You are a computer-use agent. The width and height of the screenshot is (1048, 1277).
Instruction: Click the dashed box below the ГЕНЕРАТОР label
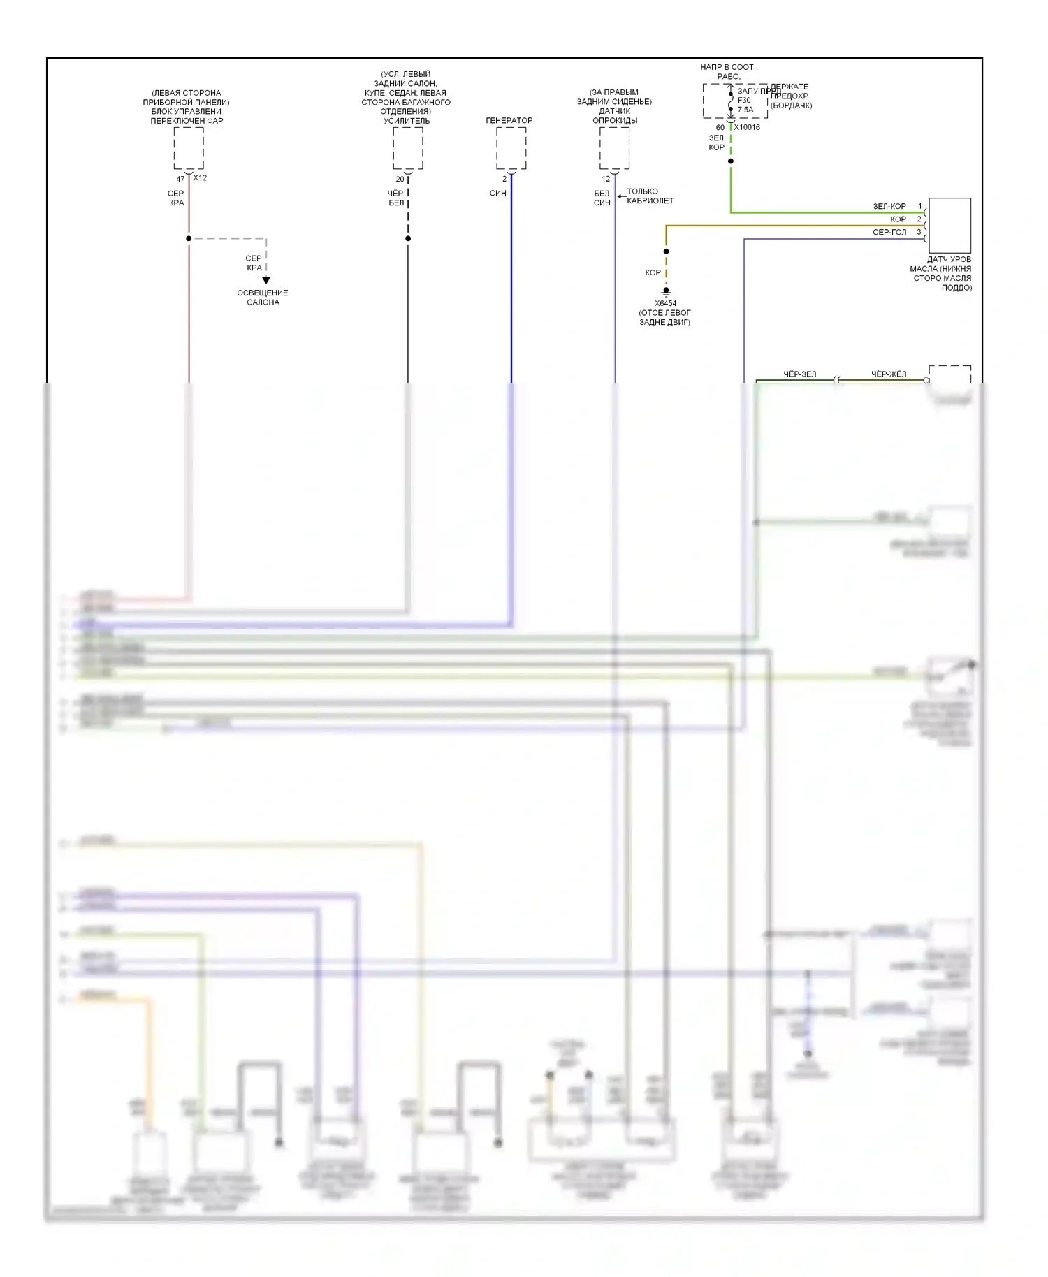[511, 148]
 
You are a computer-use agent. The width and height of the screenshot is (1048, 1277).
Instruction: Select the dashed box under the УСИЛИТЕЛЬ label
[407, 148]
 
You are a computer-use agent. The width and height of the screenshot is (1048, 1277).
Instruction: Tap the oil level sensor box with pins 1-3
[949, 225]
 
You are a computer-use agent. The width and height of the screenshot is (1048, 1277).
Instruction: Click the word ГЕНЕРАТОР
[509, 120]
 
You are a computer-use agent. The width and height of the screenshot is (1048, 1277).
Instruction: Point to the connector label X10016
[747, 127]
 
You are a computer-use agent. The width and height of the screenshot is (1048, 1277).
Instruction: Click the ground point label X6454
[665, 303]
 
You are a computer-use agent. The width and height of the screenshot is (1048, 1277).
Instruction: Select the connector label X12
[200, 178]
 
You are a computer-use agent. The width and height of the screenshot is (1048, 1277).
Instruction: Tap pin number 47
[180, 180]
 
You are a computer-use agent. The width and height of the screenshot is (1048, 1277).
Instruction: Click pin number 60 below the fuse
[720, 128]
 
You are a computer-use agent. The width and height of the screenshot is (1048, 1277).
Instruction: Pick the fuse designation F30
[744, 100]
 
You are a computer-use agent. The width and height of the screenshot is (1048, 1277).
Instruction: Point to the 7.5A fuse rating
[745, 110]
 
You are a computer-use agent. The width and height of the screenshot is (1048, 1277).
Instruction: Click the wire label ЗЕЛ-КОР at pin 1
[889, 206]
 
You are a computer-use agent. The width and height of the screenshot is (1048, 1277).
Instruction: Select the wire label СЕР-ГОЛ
[889, 232]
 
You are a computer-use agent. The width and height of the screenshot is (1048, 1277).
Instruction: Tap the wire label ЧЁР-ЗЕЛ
[799, 374]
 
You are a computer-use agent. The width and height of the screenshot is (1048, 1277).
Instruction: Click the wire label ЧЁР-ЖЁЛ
[888, 374]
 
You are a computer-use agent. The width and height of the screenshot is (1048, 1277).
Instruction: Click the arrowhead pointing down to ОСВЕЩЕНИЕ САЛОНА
[266, 280]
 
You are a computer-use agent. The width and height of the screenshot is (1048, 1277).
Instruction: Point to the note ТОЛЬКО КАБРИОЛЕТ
[650, 196]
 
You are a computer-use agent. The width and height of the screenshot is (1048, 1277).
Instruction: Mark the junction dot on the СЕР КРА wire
[189, 238]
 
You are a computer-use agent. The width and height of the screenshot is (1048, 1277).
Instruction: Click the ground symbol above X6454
[666, 291]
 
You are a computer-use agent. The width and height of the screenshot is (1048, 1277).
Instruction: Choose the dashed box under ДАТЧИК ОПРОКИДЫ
[614, 148]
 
